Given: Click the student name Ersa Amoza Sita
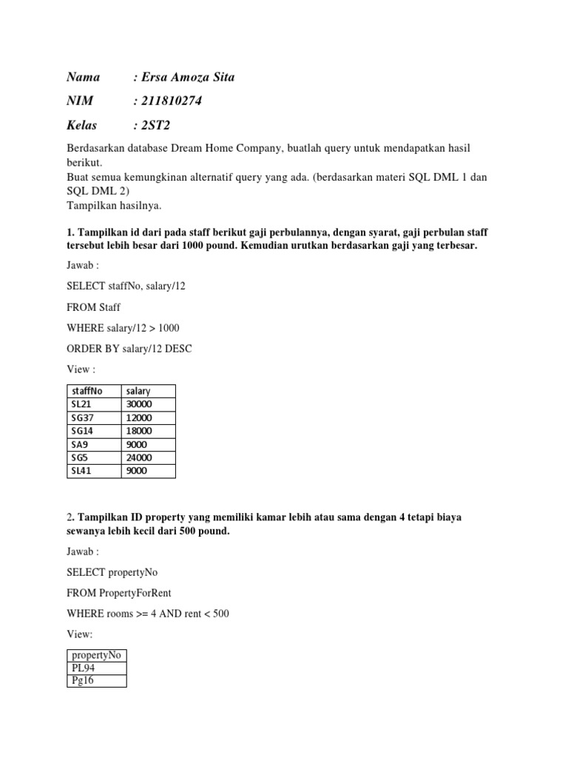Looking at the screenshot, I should coord(188,77).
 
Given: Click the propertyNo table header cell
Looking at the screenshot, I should coord(96,655).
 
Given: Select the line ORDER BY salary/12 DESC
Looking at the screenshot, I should coord(129,348).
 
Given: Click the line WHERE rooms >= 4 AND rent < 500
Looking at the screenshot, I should coord(147,614).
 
